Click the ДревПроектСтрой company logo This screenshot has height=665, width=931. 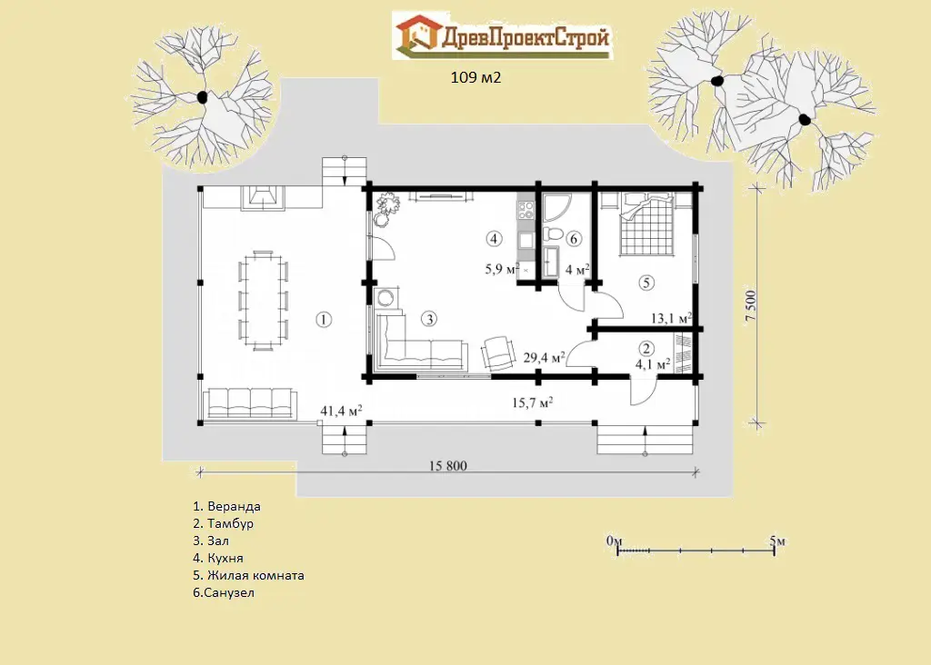pos(502,35)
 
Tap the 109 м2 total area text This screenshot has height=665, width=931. pos(476,78)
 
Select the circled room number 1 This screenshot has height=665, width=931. pos(324,320)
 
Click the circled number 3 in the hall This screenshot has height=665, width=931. pos(429,319)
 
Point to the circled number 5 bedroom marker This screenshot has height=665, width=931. pos(646,283)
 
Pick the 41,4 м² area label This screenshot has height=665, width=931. pos(342,410)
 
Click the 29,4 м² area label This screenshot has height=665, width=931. pos(544,357)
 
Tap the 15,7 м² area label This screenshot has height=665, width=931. pos(533,402)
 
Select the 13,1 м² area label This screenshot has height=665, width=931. pos(672,319)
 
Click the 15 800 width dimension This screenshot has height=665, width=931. pos(447,466)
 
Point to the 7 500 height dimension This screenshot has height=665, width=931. pos(750,306)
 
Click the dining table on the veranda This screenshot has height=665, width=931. pos(263,300)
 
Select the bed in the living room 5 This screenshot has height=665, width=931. pos(646,225)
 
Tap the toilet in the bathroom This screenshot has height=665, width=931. pos(552,234)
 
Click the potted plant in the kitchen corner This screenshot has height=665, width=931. pos(385,209)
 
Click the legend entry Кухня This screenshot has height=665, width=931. pos(218,558)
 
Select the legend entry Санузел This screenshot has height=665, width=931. pos(224,592)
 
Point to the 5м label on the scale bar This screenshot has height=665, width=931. pos(777,541)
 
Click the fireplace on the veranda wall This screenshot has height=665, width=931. pos(263,197)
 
